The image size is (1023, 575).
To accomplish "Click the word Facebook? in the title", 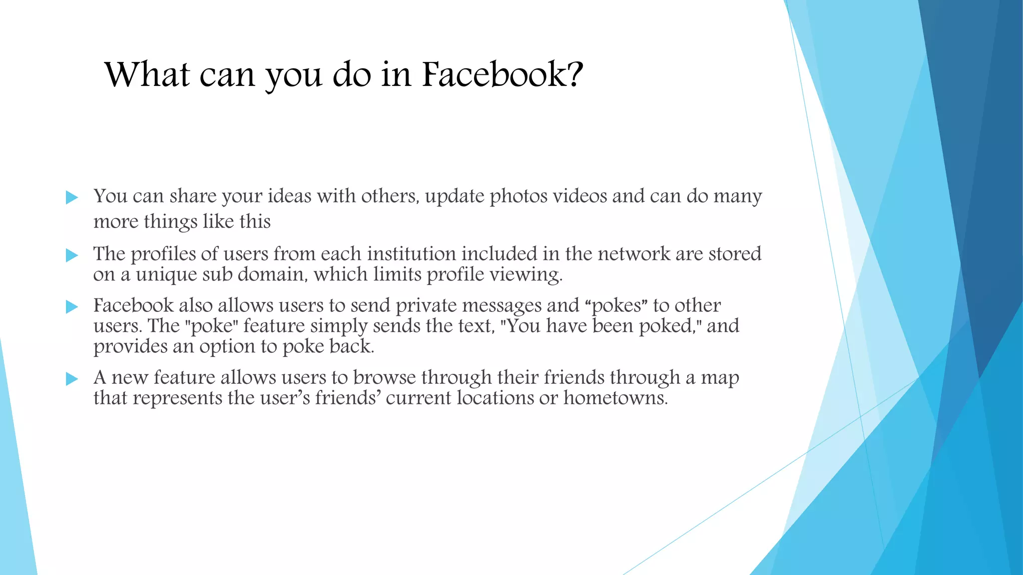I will point(503,75).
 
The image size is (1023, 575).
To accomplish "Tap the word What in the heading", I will point(147,75).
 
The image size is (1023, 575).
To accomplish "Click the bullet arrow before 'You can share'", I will point(72,198).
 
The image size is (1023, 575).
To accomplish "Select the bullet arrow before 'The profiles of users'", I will point(72,256).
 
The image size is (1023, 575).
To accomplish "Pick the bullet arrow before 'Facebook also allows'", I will point(72,306).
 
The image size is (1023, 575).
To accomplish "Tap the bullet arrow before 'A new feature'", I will point(72,379).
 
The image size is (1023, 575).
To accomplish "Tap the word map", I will point(720,378).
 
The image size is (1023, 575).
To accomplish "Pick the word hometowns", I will point(615,398).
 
